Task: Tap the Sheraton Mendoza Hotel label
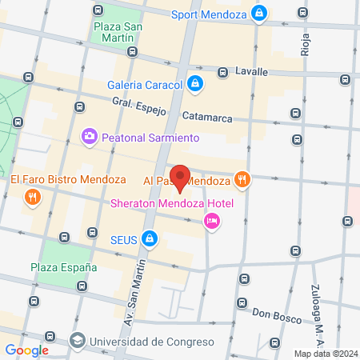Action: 171,202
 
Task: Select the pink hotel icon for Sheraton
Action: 211,222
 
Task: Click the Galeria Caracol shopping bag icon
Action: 195,82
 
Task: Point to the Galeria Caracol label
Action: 144,84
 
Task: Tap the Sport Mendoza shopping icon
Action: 259,13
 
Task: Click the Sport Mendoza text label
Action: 208,14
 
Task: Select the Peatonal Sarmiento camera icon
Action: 89,137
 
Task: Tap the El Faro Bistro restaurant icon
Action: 32,197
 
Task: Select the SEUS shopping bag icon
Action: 149,238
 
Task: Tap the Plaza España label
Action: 63,266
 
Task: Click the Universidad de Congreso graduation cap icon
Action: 77,341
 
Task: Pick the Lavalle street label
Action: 251,71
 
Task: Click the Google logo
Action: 26,350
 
